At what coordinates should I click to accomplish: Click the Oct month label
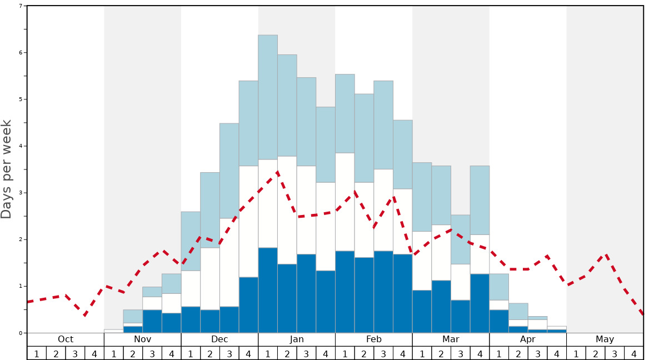pos(66,339)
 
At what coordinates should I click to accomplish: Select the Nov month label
pos(142,339)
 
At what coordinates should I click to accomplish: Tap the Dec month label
pos(219,339)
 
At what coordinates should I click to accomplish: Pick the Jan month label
pos(297,339)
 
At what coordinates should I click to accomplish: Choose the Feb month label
pos(374,339)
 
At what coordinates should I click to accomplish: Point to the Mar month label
pos(451,339)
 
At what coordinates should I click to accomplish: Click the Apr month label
pos(528,339)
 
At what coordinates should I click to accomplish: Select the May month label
pos(605,339)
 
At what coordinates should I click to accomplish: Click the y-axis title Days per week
pos(7,169)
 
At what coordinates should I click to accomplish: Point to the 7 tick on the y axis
pos(21,6)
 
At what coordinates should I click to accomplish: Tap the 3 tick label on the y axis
pos(21,193)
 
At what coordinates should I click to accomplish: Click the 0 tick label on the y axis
pos(21,333)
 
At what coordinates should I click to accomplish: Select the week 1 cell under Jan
pos(268,353)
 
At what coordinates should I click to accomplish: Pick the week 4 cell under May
pos(634,353)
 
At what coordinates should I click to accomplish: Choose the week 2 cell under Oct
pos(56,353)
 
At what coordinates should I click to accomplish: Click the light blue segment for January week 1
pos(268,97)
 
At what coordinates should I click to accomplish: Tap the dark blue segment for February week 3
pos(383,292)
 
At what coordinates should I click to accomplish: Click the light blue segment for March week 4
pos(480,200)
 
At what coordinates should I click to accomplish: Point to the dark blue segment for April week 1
pos(499,321)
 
